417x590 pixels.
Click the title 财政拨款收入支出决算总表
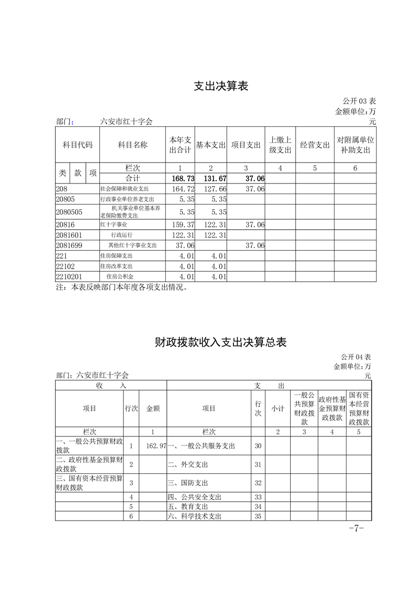click(x=221, y=342)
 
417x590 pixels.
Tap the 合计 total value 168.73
click(x=180, y=179)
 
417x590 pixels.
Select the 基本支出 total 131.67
click(x=211, y=179)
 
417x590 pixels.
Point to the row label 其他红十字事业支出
click(x=133, y=245)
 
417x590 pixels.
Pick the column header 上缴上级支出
click(x=280, y=145)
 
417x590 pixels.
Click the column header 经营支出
click(x=314, y=145)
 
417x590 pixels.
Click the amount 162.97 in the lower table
click(x=156, y=446)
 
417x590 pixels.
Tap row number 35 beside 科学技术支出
click(x=258, y=516)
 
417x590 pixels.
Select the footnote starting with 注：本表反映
click(x=121, y=288)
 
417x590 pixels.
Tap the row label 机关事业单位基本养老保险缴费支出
click(x=133, y=212)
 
